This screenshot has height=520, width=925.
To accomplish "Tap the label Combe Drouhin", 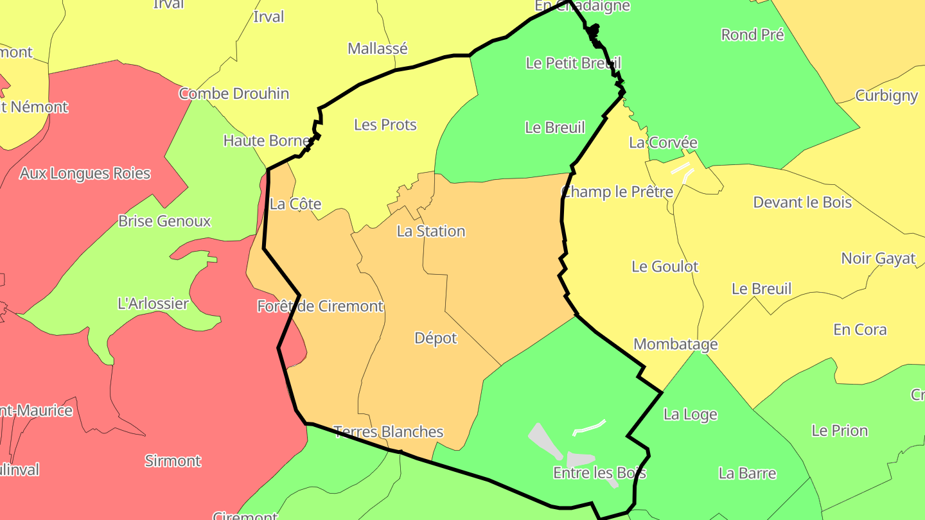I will [234, 94].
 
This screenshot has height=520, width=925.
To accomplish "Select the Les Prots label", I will [385, 125].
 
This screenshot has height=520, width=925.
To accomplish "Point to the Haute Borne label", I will [267, 140].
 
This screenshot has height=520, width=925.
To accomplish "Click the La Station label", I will [430, 231].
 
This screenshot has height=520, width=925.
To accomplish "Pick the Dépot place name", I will [436, 338].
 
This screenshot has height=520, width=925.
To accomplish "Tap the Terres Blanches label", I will [389, 431].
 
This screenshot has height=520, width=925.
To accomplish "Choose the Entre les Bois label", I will [599, 473].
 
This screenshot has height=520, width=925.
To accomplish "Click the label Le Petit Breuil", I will [573, 63].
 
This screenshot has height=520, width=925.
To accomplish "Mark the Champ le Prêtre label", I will [617, 191].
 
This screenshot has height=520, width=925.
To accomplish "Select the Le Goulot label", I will [665, 266].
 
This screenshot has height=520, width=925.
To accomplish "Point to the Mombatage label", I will [675, 344].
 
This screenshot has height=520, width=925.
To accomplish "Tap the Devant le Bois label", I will [802, 202].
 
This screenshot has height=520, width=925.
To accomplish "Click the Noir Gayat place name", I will [878, 259].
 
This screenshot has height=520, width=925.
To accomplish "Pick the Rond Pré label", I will [752, 35].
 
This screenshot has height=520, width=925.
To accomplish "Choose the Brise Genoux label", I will [164, 221].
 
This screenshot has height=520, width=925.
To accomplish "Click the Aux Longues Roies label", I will [85, 173].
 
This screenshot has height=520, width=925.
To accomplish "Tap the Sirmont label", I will [172, 461].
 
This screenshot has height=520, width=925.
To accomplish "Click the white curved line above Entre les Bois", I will [589, 428].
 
